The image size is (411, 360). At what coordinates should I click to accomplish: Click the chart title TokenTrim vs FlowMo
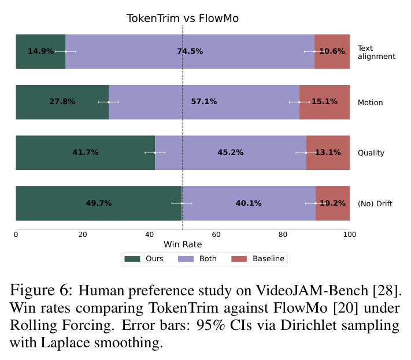(183, 18)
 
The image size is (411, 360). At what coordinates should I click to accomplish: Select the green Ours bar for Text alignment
(40, 51)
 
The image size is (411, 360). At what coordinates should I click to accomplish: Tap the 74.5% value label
(190, 51)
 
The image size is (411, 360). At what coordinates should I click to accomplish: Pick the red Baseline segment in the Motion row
(324, 102)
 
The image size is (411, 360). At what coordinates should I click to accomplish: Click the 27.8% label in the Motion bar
(62, 101)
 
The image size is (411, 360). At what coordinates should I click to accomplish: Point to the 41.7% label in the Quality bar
(86, 152)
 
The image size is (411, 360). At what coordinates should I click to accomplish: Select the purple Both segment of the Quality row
(231, 153)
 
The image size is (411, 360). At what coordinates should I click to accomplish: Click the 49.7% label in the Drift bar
(99, 203)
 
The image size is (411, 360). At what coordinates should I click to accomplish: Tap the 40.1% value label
(249, 203)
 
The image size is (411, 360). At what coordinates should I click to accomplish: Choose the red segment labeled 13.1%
(328, 153)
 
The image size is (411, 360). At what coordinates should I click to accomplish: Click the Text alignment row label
(376, 52)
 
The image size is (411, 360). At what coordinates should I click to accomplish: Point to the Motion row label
(370, 102)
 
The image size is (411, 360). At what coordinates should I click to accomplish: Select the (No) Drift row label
(375, 203)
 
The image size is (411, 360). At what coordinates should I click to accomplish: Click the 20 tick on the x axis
(83, 235)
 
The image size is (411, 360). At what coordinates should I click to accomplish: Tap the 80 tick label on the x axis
(283, 235)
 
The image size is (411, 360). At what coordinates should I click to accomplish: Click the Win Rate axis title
(183, 244)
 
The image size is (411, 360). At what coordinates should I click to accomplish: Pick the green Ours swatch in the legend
(132, 259)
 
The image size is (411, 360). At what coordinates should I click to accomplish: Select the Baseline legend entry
(258, 259)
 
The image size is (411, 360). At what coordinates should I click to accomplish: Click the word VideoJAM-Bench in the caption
(312, 291)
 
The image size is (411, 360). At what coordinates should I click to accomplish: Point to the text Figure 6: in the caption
(41, 290)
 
